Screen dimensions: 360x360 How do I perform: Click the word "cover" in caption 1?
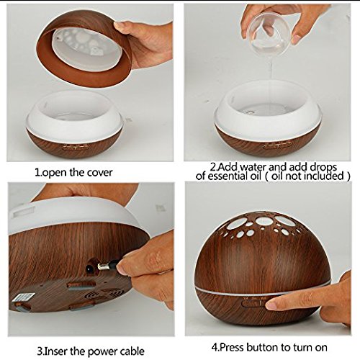click(x=99, y=173)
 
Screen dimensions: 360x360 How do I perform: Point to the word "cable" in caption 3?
click(x=130, y=351)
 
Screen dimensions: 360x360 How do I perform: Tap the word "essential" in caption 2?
click(x=227, y=176)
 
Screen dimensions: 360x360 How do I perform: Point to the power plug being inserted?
click(x=108, y=265)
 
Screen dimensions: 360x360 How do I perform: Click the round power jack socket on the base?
click(x=90, y=270)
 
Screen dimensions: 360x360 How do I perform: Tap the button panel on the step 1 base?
click(x=75, y=147)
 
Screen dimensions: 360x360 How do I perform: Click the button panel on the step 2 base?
click(x=278, y=145)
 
